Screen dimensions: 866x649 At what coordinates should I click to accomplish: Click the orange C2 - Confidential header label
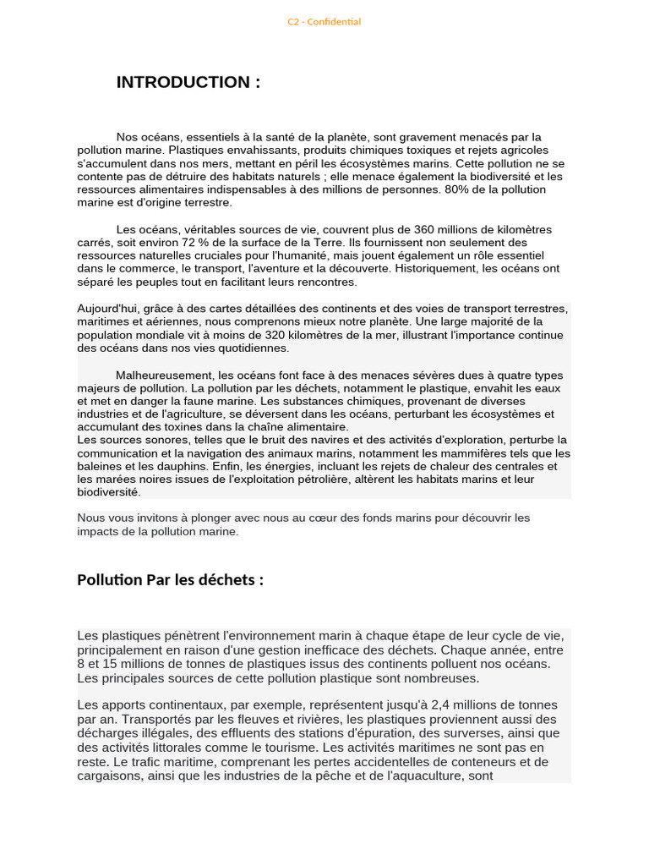pos(324,22)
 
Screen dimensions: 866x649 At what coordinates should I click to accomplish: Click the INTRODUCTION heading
pos(188,82)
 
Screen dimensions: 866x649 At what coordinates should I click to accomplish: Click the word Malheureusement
pos(165,375)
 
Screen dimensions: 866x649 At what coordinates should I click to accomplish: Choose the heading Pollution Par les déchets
pos(170,580)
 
